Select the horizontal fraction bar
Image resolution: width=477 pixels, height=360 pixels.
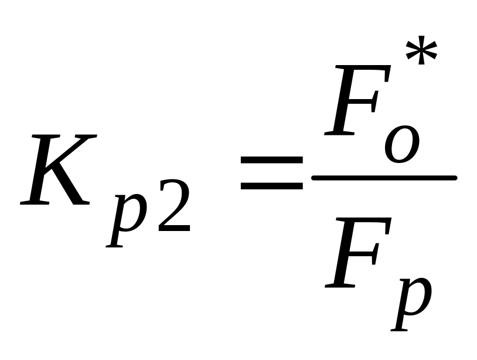click(x=384, y=178)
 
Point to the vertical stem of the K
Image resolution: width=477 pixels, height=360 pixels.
click(x=44, y=170)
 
